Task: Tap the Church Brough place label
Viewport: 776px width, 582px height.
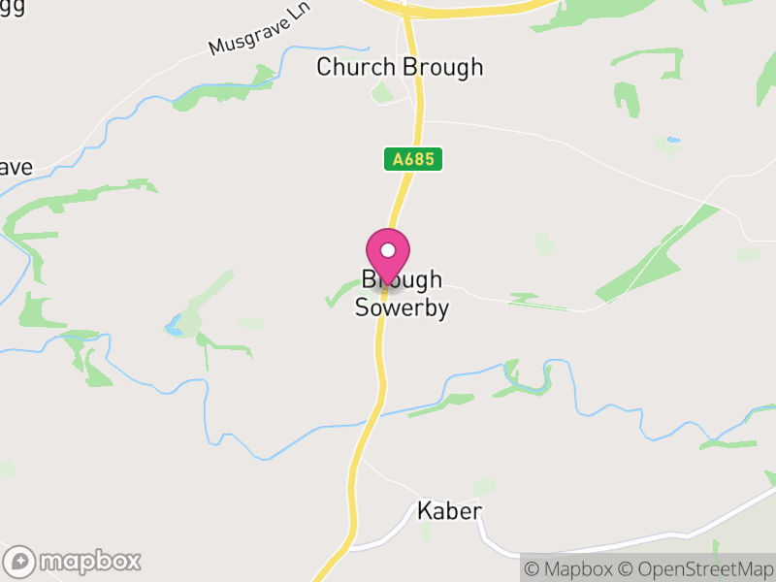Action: (x=400, y=67)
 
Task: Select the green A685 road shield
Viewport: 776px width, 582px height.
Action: (x=413, y=159)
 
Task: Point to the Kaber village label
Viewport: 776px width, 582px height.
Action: (x=449, y=511)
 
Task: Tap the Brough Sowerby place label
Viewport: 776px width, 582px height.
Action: (x=402, y=294)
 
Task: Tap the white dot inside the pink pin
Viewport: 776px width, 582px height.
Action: (x=388, y=249)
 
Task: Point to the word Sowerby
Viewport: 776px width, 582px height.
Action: (x=402, y=308)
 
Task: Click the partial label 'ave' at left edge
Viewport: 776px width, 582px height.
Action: (x=15, y=167)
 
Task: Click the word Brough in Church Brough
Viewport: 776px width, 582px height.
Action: (x=442, y=67)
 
